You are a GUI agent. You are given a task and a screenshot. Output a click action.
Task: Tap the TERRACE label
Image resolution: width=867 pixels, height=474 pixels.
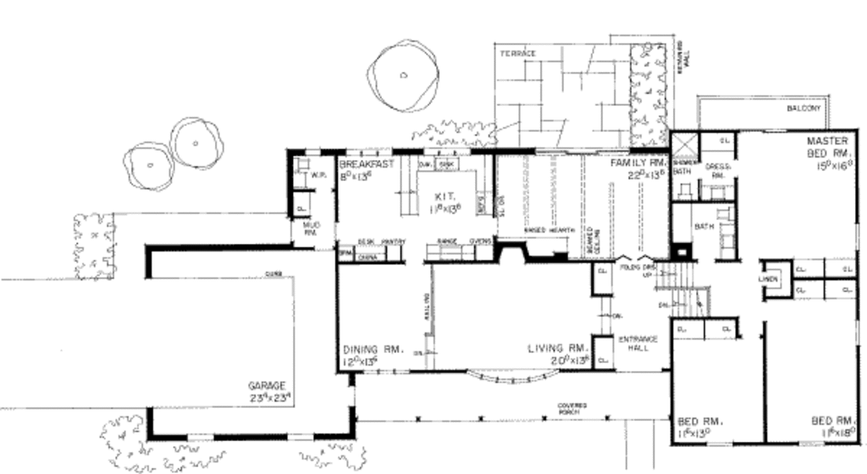pyautogui.click(x=517, y=53)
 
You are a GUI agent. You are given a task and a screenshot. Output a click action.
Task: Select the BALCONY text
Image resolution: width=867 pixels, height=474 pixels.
pyautogui.click(x=803, y=109)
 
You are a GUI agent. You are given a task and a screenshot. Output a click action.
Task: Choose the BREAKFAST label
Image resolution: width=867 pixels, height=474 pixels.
pyautogui.click(x=367, y=163)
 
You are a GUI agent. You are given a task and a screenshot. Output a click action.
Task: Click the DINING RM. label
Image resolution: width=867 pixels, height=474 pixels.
pyautogui.click(x=372, y=349)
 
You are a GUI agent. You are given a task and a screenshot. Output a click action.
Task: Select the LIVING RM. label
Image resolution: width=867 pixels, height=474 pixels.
pyautogui.click(x=557, y=348)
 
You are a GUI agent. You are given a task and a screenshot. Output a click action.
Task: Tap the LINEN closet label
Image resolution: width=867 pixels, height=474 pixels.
pyautogui.click(x=768, y=278)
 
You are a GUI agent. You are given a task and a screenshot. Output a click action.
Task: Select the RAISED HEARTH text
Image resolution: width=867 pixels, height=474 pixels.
pyautogui.click(x=549, y=230)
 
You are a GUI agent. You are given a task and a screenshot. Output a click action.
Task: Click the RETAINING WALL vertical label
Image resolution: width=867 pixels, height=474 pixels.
pyautogui.click(x=684, y=55)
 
